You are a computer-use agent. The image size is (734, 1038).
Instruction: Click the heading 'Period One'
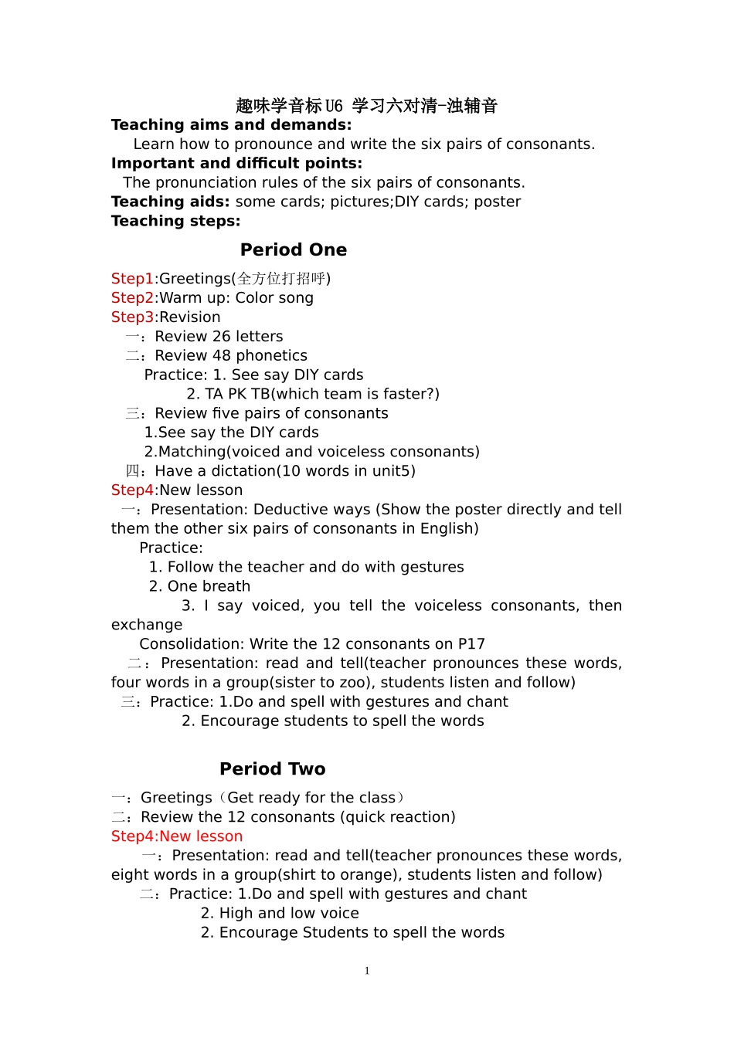pyautogui.click(x=294, y=250)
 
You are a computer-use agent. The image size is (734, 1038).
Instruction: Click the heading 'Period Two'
pyautogui.click(x=273, y=769)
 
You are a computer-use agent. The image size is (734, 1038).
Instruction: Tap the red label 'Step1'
pyautogui.click(x=132, y=279)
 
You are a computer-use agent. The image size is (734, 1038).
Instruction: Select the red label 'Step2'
pyautogui.click(x=132, y=298)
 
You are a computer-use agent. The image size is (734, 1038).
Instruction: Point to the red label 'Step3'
pyautogui.click(x=132, y=317)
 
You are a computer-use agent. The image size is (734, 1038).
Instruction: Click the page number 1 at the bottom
pyautogui.click(x=367, y=971)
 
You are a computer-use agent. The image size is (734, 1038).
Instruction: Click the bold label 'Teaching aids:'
pyautogui.click(x=170, y=202)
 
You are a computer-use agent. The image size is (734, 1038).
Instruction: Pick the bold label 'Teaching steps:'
pyautogui.click(x=175, y=221)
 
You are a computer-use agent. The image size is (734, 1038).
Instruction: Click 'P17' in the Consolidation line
pyautogui.click(x=471, y=644)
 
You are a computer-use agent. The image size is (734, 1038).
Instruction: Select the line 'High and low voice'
pyautogui.click(x=289, y=914)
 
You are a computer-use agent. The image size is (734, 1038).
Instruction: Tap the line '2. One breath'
pyautogui.click(x=199, y=586)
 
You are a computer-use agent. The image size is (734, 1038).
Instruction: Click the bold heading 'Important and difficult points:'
pyautogui.click(x=236, y=164)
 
